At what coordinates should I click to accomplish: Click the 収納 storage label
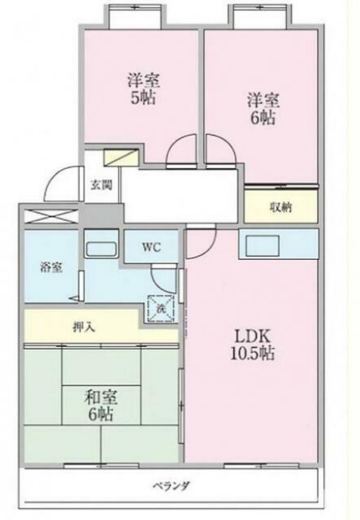tap(281, 206)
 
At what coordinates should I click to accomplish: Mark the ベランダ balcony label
tap(171, 487)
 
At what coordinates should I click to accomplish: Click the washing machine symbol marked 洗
tap(161, 308)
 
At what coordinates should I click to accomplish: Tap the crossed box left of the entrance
tap(49, 218)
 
